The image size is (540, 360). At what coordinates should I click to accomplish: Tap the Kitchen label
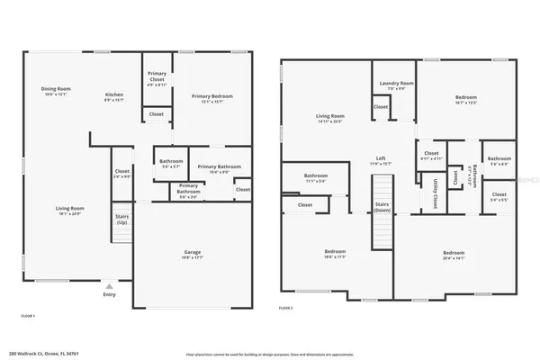coord(114,96)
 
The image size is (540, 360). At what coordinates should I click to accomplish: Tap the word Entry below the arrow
coord(109,294)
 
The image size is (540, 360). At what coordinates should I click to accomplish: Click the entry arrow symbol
coord(109,284)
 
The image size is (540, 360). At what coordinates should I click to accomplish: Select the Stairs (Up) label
coord(121,219)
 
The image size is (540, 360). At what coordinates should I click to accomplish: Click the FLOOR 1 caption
coord(27,316)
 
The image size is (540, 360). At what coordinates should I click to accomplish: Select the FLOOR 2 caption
coord(286,309)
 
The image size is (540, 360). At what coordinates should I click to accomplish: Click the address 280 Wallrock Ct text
coord(42,354)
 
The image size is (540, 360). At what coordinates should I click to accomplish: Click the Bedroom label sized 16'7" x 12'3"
coord(465,98)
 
